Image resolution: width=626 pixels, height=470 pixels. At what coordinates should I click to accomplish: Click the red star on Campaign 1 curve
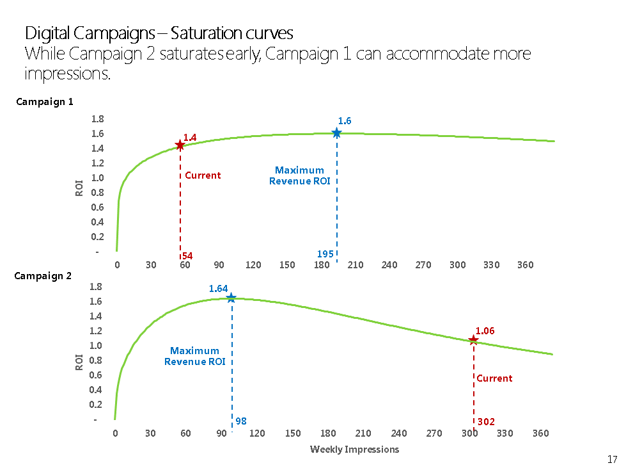click(180, 145)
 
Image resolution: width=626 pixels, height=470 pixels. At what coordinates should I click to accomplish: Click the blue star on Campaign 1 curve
click(336, 133)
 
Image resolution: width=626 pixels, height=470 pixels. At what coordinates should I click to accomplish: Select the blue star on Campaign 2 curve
click(231, 298)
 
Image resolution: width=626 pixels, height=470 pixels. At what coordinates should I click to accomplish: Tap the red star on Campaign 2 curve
click(473, 340)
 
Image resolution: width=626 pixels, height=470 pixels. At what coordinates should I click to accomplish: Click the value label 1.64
click(218, 289)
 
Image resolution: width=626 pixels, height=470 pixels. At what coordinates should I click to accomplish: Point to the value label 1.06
click(485, 330)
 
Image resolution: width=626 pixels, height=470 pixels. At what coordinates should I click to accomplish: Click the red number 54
click(187, 256)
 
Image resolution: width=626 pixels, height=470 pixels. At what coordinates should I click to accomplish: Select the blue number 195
click(325, 254)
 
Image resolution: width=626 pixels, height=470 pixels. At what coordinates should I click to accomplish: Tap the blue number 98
click(240, 421)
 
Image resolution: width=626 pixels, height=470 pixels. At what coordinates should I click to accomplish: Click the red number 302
click(486, 421)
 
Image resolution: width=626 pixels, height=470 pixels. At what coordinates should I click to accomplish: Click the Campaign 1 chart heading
click(44, 101)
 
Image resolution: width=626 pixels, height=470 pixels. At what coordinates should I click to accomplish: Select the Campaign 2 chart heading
click(43, 276)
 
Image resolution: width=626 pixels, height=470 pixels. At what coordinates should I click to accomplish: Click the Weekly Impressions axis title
click(354, 449)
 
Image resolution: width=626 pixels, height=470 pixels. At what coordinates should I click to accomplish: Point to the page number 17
click(612, 459)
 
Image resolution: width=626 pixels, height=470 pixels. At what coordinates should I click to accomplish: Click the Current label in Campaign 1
click(203, 175)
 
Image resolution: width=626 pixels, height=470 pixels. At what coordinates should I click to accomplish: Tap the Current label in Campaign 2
click(494, 378)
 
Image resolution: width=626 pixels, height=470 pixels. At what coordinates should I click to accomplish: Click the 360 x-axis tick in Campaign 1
click(525, 265)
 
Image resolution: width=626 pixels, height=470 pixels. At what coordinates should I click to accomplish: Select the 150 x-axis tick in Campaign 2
click(293, 434)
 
